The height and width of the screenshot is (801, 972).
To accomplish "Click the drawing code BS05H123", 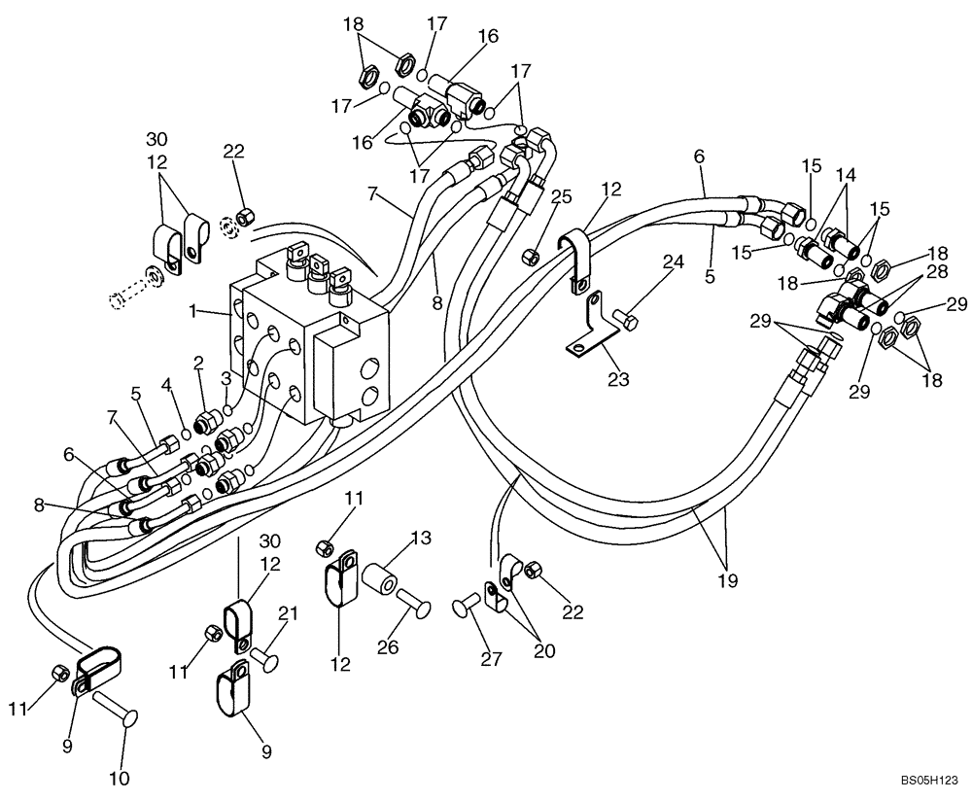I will coord(928,780).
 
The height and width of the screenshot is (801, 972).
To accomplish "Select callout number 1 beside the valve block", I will coord(193,311).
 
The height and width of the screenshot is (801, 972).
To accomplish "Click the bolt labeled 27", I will coord(466,609).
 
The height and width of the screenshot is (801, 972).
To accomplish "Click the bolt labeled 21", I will coord(265,658).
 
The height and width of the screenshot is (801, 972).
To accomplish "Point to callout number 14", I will coord(846,176).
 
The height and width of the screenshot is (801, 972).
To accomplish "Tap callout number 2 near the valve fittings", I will coord(198,364).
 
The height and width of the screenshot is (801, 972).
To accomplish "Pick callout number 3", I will coord(226,377).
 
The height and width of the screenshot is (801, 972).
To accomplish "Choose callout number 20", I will coord(544,651).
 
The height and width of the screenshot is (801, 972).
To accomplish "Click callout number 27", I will coord(491,659).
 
